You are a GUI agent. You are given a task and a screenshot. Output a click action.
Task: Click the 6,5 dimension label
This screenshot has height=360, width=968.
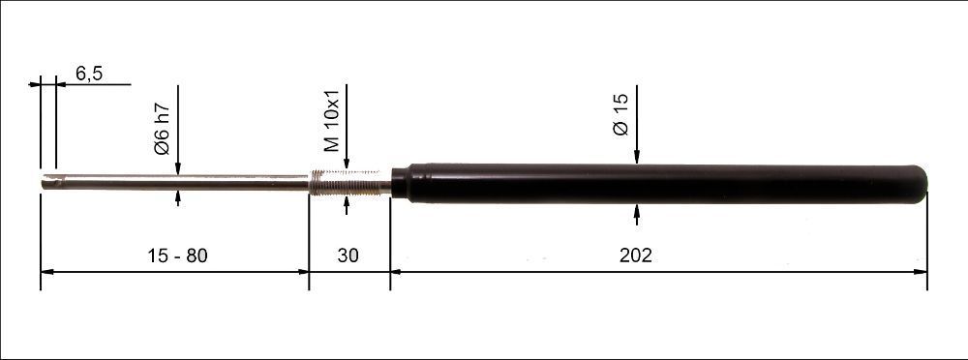pyautogui.click(x=89, y=74)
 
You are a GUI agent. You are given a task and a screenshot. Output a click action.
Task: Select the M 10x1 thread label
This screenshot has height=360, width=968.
pyautogui.click(x=331, y=118)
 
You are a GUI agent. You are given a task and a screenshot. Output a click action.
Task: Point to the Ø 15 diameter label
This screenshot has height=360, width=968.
pyautogui.click(x=620, y=114)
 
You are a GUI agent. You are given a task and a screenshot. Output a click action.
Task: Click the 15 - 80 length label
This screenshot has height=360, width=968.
pyautogui.click(x=177, y=255)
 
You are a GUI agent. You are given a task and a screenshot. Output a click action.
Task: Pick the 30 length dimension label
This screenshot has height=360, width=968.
pyautogui.click(x=348, y=255)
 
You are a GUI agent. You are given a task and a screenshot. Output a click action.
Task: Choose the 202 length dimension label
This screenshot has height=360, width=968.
pyautogui.click(x=636, y=255)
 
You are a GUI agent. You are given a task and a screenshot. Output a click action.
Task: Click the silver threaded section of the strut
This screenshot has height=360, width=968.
pyautogui.click(x=349, y=183)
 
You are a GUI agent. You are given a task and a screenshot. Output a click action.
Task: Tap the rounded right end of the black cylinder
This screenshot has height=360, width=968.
pyautogui.click(x=920, y=184)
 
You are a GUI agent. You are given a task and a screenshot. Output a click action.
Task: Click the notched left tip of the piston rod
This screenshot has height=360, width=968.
pyautogui.click(x=49, y=182)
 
